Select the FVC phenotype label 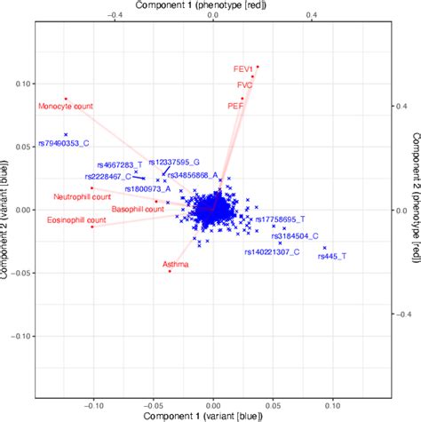244,86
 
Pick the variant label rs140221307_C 272,252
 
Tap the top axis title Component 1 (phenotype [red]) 214,6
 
